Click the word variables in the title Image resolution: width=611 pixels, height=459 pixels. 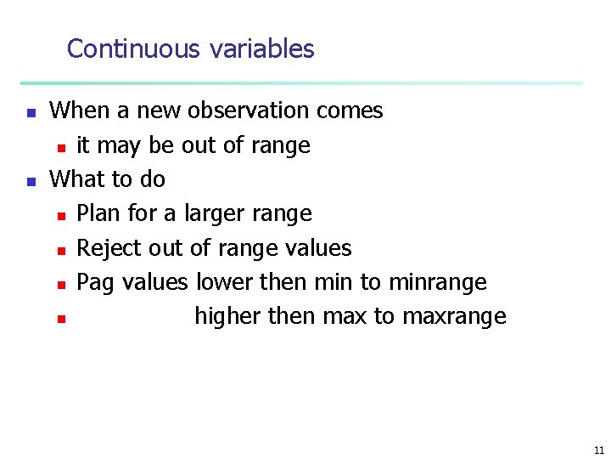click(x=261, y=49)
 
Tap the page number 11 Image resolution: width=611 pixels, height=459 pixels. click(x=599, y=450)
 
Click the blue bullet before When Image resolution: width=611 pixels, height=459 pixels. click(x=30, y=112)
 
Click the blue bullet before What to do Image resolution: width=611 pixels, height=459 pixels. click(x=30, y=180)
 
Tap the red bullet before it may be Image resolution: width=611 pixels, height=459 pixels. click(x=61, y=147)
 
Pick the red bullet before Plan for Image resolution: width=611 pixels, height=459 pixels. click(x=61, y=215)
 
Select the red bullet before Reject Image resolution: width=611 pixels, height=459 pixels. click(x=61, y=250)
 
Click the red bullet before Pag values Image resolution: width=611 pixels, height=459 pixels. click(x=61, y=284)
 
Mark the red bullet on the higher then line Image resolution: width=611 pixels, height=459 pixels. click(x=61, y=319)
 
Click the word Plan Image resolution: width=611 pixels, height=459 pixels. click(x=98, y=214)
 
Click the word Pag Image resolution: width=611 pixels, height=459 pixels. click(x=95, y=283)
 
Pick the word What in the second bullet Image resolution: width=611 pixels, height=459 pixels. click(x=76, y=179)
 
